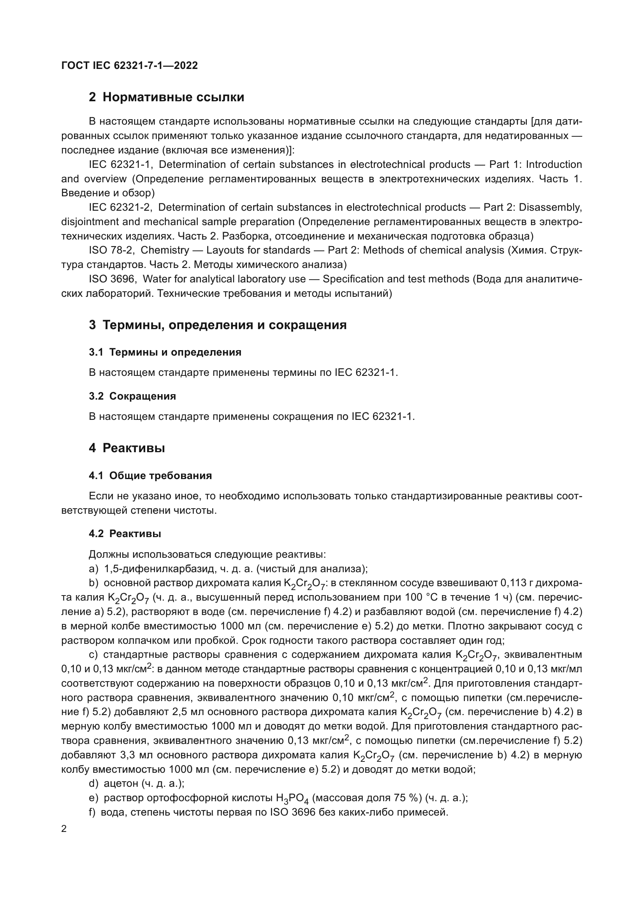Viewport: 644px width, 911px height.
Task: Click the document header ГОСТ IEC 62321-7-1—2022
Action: [129, 65]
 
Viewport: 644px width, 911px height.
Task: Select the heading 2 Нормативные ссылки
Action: [166, 97]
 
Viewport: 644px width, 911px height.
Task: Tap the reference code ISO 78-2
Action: [113, 250]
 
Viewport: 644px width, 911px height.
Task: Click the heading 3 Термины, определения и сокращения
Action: [217, 325]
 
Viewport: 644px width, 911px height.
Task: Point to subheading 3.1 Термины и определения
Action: [165, 352]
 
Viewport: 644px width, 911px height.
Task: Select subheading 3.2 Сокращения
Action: [132, 396]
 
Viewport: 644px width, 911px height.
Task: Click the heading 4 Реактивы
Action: [127, 448]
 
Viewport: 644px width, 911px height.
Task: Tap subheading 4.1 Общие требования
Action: [150, 475]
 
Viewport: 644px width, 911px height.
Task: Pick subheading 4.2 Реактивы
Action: [125, 534]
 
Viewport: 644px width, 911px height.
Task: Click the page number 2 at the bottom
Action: [64, 829]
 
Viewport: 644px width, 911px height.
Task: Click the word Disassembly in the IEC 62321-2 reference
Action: [550, 207]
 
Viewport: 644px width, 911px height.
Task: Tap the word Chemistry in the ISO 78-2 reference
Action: [165, 250]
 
